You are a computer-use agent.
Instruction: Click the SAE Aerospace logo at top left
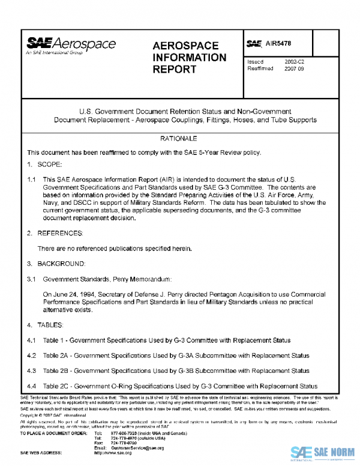click(x=70, y=46)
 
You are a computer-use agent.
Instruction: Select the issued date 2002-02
click(x=295, y=61)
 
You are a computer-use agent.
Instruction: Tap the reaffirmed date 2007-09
click(x=295, y=68)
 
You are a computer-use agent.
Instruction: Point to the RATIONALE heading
click(x=180, y=139)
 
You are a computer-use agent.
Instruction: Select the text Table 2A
click(x=57, y=356)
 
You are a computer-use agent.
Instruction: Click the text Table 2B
click(x=57, y=371)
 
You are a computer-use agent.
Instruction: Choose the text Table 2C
click(x=57, y=386)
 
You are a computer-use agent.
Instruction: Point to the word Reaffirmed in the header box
click(x=260, y=68)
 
